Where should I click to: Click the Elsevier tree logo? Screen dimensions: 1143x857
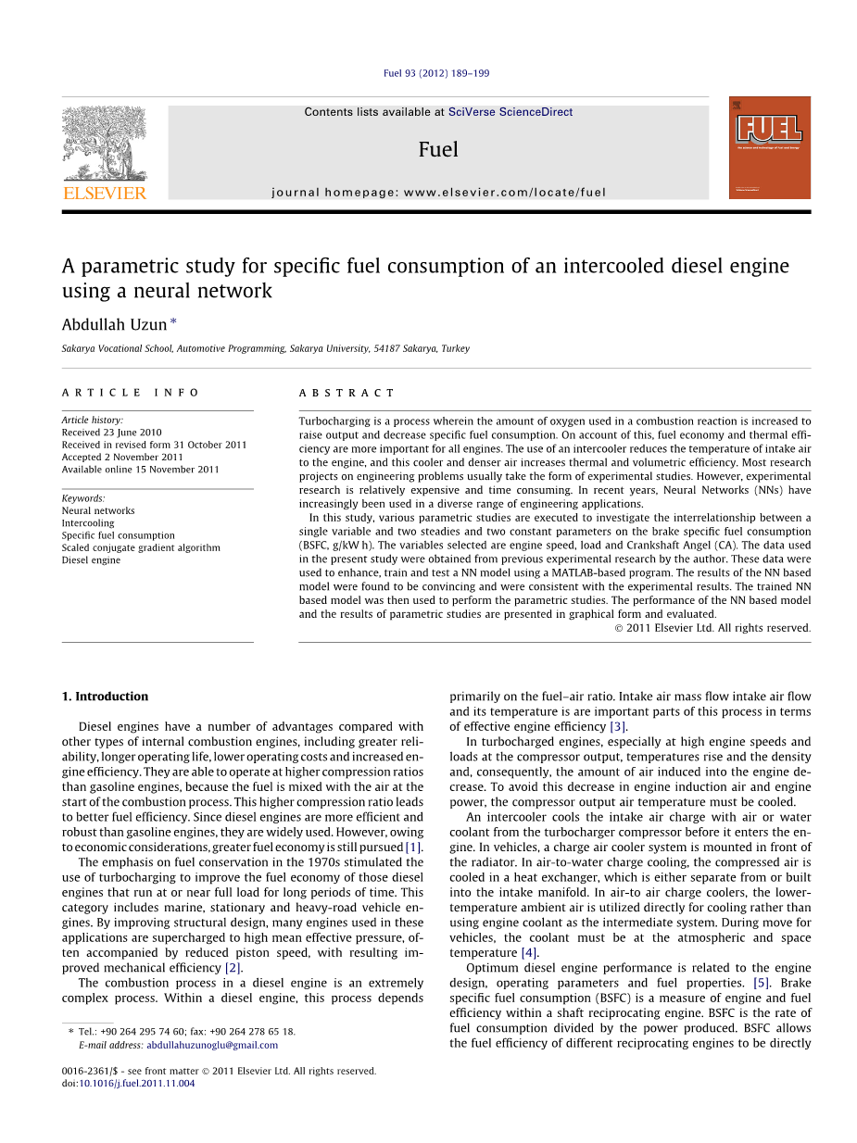(x=104, y=144)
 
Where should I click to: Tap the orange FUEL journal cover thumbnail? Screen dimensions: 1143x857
(x=769, y=147)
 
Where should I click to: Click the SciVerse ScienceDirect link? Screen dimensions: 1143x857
(x=510, y=112)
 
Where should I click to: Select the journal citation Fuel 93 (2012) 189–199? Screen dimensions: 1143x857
(x=436, y=73)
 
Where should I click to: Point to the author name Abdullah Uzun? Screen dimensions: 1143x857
(x=114, y=324)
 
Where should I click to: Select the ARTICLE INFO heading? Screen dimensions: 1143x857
(x=131, y=393)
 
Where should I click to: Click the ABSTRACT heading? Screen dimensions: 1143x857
(x=347, y=393)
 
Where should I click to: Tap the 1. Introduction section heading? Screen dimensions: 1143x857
(x=105, y=697)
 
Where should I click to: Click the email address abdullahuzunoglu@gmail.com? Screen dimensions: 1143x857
(x=212, y=1045)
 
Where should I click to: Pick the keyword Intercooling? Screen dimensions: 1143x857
(x=88, y=523)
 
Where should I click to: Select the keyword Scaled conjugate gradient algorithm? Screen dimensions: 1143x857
(x=141, y=547)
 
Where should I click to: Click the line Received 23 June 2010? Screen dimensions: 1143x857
(x=111, y=433)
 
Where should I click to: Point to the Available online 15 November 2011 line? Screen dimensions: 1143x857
(x=141, y=470)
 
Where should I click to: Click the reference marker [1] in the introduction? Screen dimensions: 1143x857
(x=413, y=847)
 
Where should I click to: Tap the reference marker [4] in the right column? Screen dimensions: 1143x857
(x=529, y=952)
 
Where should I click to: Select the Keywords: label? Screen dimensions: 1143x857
(x=83, y=498)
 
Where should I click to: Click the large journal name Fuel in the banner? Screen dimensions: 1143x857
(x=438, y=149)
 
